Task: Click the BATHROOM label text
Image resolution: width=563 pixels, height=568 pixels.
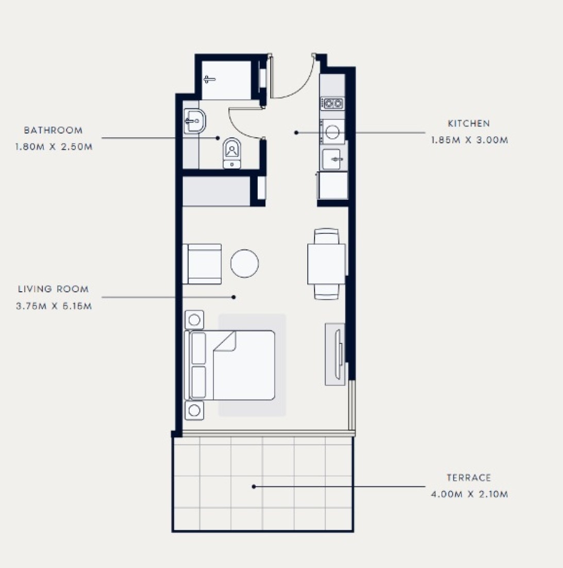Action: tap(53, 131)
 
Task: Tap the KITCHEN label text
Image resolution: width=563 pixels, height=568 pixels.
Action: tap(469, 123)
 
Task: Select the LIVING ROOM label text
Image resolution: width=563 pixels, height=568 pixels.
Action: tap(54, 289)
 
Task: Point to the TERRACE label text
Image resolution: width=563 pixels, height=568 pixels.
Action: tap(469, 478)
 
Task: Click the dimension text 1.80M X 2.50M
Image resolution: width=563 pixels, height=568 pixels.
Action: tap(54, 147)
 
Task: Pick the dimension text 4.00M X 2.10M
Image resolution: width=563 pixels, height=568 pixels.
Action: tap(469, 494)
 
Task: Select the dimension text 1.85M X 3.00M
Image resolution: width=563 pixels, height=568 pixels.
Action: tap(469, 140)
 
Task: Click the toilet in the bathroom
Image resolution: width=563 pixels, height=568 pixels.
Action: tap(232, 153)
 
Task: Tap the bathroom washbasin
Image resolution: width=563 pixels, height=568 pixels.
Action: tap(194, 121)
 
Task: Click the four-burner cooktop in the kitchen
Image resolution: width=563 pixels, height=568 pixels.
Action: tap(333, 104)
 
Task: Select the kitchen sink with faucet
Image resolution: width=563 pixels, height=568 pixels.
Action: tap(333, 159)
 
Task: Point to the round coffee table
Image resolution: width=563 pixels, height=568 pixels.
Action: tap(244, 264)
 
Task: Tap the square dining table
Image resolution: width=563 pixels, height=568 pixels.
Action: tap(326, 264)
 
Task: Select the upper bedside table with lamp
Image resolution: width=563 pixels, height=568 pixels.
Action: tap(194, 320)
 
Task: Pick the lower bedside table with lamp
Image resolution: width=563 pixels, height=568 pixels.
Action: tap(194, 411)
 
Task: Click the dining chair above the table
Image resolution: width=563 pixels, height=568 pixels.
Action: tap(326, 236)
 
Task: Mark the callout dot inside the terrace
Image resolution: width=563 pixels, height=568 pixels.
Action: tap(254, 486)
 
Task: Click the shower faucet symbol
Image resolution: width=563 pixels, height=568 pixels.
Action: tap(209, 80)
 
